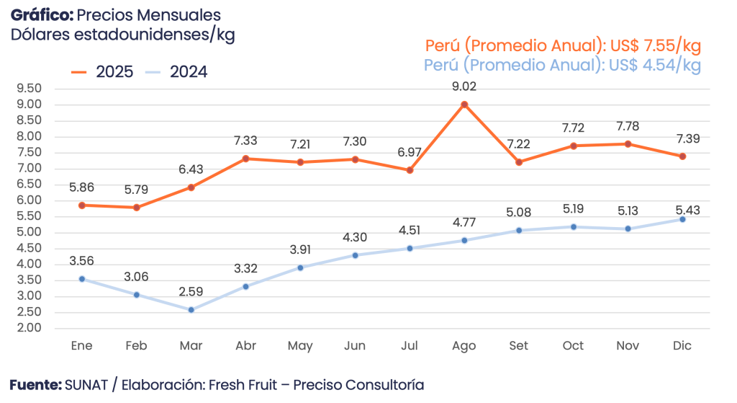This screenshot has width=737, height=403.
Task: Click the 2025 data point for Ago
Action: [464, 105]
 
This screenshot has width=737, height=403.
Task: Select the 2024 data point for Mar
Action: [191, 309]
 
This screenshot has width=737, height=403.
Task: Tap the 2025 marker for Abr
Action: [245, 158]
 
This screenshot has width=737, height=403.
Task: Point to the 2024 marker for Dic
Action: [682, 219]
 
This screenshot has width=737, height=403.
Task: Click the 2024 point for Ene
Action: [82, 278]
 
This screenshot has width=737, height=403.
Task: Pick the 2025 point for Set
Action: [519, 161]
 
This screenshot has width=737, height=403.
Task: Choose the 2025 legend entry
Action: [103, 72]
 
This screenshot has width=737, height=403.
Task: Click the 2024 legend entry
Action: [176, 72]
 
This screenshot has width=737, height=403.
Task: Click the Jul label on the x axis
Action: [410, 346]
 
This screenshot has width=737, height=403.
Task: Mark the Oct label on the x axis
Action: [573, 346]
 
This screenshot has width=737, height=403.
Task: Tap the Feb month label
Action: [137, 346]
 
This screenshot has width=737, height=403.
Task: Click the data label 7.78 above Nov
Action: [628, 127]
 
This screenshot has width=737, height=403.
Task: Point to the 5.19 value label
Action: [573, 210]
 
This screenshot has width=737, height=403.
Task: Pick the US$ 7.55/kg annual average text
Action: [655, 46]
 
